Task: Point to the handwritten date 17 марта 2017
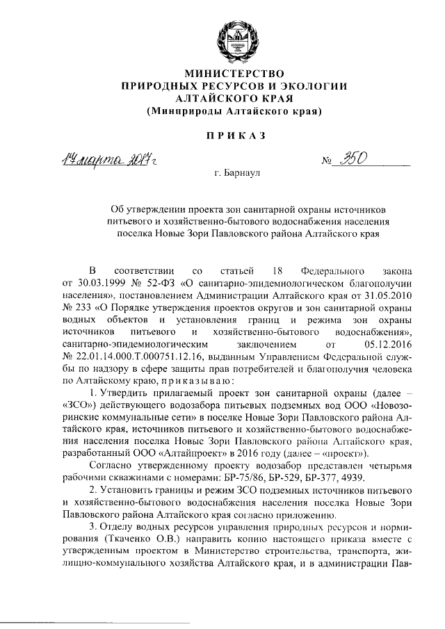(113, 161)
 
